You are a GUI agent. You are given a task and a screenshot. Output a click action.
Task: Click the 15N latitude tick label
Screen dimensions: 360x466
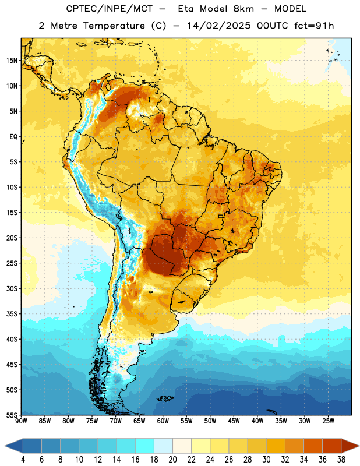[x=12, y=61]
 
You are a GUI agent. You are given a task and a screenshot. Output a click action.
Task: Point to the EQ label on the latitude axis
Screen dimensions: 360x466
[x=13, y=137]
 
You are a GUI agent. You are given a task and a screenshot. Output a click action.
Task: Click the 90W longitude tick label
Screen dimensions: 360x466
[x=22, y=421]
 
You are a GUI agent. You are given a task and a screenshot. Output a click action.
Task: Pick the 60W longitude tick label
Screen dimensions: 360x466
[x=163, y=421]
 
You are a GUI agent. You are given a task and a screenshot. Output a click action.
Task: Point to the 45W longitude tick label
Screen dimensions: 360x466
[x=234, y=421]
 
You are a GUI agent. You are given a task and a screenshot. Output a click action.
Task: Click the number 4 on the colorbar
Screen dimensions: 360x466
[x=23, y=460]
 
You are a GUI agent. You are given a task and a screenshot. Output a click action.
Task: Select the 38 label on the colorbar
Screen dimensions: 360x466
[x=341, y=460]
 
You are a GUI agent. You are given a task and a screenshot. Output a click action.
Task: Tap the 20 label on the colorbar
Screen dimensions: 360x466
[x=172, y=460]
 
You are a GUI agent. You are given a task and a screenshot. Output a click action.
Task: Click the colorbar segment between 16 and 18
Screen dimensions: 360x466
[x=145, y=446]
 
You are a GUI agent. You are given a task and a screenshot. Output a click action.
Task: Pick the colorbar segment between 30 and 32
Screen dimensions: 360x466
[x=276, y=446]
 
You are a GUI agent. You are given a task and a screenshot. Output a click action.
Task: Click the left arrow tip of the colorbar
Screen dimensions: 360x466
[x=5, y=446]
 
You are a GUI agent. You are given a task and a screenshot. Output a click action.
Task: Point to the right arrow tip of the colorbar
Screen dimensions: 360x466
[x=359, y=446]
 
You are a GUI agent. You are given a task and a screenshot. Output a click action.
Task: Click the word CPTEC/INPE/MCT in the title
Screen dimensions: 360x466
[x=109, y=9]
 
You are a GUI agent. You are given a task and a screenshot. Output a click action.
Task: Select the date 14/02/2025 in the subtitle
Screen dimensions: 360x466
[x=219, y=26]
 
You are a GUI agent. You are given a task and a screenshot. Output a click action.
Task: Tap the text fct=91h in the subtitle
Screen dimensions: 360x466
[x=314, y=26]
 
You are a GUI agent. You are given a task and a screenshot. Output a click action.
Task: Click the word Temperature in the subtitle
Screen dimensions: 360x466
[x=114, y=26]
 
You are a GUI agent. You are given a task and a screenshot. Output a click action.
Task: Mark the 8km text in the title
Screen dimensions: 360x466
[x=243, y=9]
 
